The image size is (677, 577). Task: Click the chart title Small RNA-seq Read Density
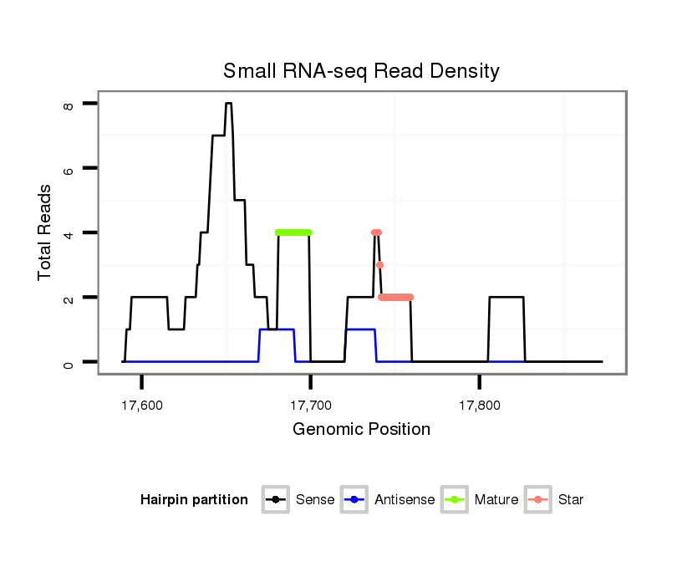coord(361,71)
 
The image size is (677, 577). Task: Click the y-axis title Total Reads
coord(46,232)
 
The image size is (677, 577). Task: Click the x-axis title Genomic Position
coord(361,430)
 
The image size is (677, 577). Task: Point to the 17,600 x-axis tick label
coord(141,406)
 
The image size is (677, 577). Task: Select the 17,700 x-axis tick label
coord(310,406)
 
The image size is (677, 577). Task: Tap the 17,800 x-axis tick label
coord(479,406)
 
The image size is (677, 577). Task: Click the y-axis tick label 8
coord(68,104)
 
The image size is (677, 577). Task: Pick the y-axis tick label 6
coord(68,168)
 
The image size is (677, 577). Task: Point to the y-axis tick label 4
coord(68,232)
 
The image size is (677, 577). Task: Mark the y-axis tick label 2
coord(68,298)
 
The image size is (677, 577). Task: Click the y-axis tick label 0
coord(68,362)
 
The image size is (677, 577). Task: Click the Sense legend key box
coord(276,500)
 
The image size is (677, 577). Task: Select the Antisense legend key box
coord(355,500)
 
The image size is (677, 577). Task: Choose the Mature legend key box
coord(455,500)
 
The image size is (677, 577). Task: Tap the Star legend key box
coord(538,500)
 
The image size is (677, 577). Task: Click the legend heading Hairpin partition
coord(194,500)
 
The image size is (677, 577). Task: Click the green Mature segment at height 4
coord(293,232)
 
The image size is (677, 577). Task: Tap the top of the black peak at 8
coord(228,104)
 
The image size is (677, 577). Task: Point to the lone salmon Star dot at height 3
coord(379,265)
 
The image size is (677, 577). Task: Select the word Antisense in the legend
coord(405,500)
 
